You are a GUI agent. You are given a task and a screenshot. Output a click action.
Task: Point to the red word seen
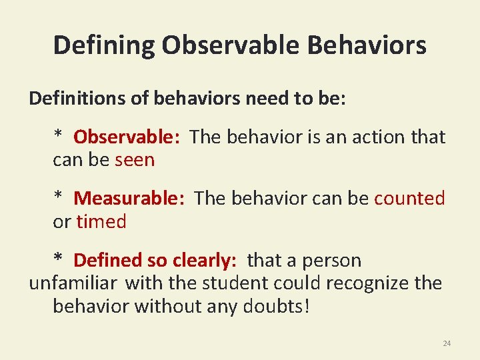(x=135, y=160)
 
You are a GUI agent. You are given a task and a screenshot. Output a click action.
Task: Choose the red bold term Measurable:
(x=129, y=198)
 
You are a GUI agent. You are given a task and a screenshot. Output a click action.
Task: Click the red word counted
(x=409, y=198)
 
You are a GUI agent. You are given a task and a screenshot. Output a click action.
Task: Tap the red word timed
(x=101, y=221)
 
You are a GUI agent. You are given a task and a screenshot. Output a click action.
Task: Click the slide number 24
(x=447, y=343)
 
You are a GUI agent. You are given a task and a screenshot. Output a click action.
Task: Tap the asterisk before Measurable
(x=59, y=197)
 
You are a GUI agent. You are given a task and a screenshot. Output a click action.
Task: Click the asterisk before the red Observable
(x=59, y=135)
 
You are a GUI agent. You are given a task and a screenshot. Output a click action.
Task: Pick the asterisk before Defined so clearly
(x=59, y=259)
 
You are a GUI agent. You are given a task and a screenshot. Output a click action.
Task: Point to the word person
(x=330, y=260)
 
